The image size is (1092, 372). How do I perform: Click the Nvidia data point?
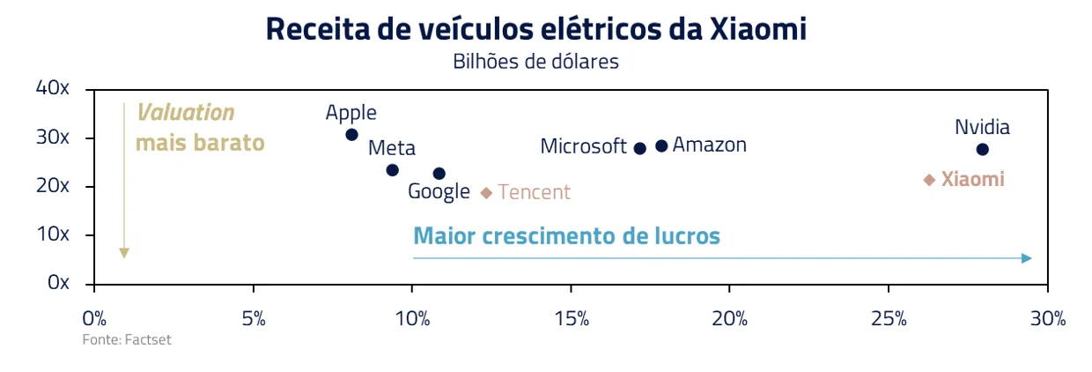tap(982, 150)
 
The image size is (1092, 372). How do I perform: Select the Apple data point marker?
tap(351, 135)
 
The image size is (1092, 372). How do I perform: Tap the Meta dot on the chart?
tap(392, 170)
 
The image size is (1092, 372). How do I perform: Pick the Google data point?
tap(439, 174)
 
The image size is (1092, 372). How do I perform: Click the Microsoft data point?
tap(640, 148)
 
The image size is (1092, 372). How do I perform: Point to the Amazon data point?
tap(661, 145)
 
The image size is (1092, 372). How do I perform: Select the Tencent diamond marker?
tap(486, 192)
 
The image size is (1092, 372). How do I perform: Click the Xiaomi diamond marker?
tap(928, 180)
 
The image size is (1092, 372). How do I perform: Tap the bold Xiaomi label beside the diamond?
tap(972, 180)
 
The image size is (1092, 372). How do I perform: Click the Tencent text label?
tap(534, 192)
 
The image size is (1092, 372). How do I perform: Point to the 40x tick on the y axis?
tap(52, 88)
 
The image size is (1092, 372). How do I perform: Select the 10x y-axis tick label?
tap(52, 234)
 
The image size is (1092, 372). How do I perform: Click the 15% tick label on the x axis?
tap(571, 318)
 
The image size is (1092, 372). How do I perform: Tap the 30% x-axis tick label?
tap(1047, 318)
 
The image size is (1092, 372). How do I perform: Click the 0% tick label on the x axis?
tap(94, 318)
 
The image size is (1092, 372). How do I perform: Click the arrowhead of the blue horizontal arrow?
tap(1027, 258)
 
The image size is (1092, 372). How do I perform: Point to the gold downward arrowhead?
tap(124, 254)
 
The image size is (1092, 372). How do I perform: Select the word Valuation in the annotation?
tap(185, 113)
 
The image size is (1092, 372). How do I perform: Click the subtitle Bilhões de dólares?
tap(535, 62)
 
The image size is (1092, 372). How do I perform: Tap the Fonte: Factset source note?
tap(127, 340)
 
